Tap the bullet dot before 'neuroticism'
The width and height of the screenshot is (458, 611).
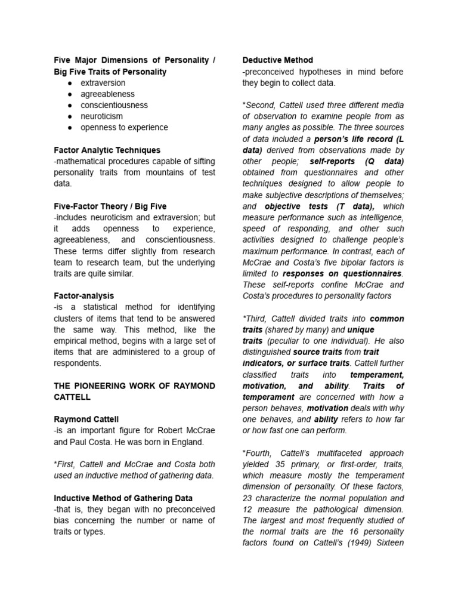(70, 116)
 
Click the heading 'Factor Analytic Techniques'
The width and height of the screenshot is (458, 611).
(107, 150)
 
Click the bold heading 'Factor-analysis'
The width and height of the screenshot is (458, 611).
(83, 296)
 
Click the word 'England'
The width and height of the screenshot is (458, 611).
(188, 442)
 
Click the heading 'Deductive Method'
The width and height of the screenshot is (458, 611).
(277, 60)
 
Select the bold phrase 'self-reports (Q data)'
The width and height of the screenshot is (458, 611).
(357, 161)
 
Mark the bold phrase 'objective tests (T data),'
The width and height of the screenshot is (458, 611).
(315, 206)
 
